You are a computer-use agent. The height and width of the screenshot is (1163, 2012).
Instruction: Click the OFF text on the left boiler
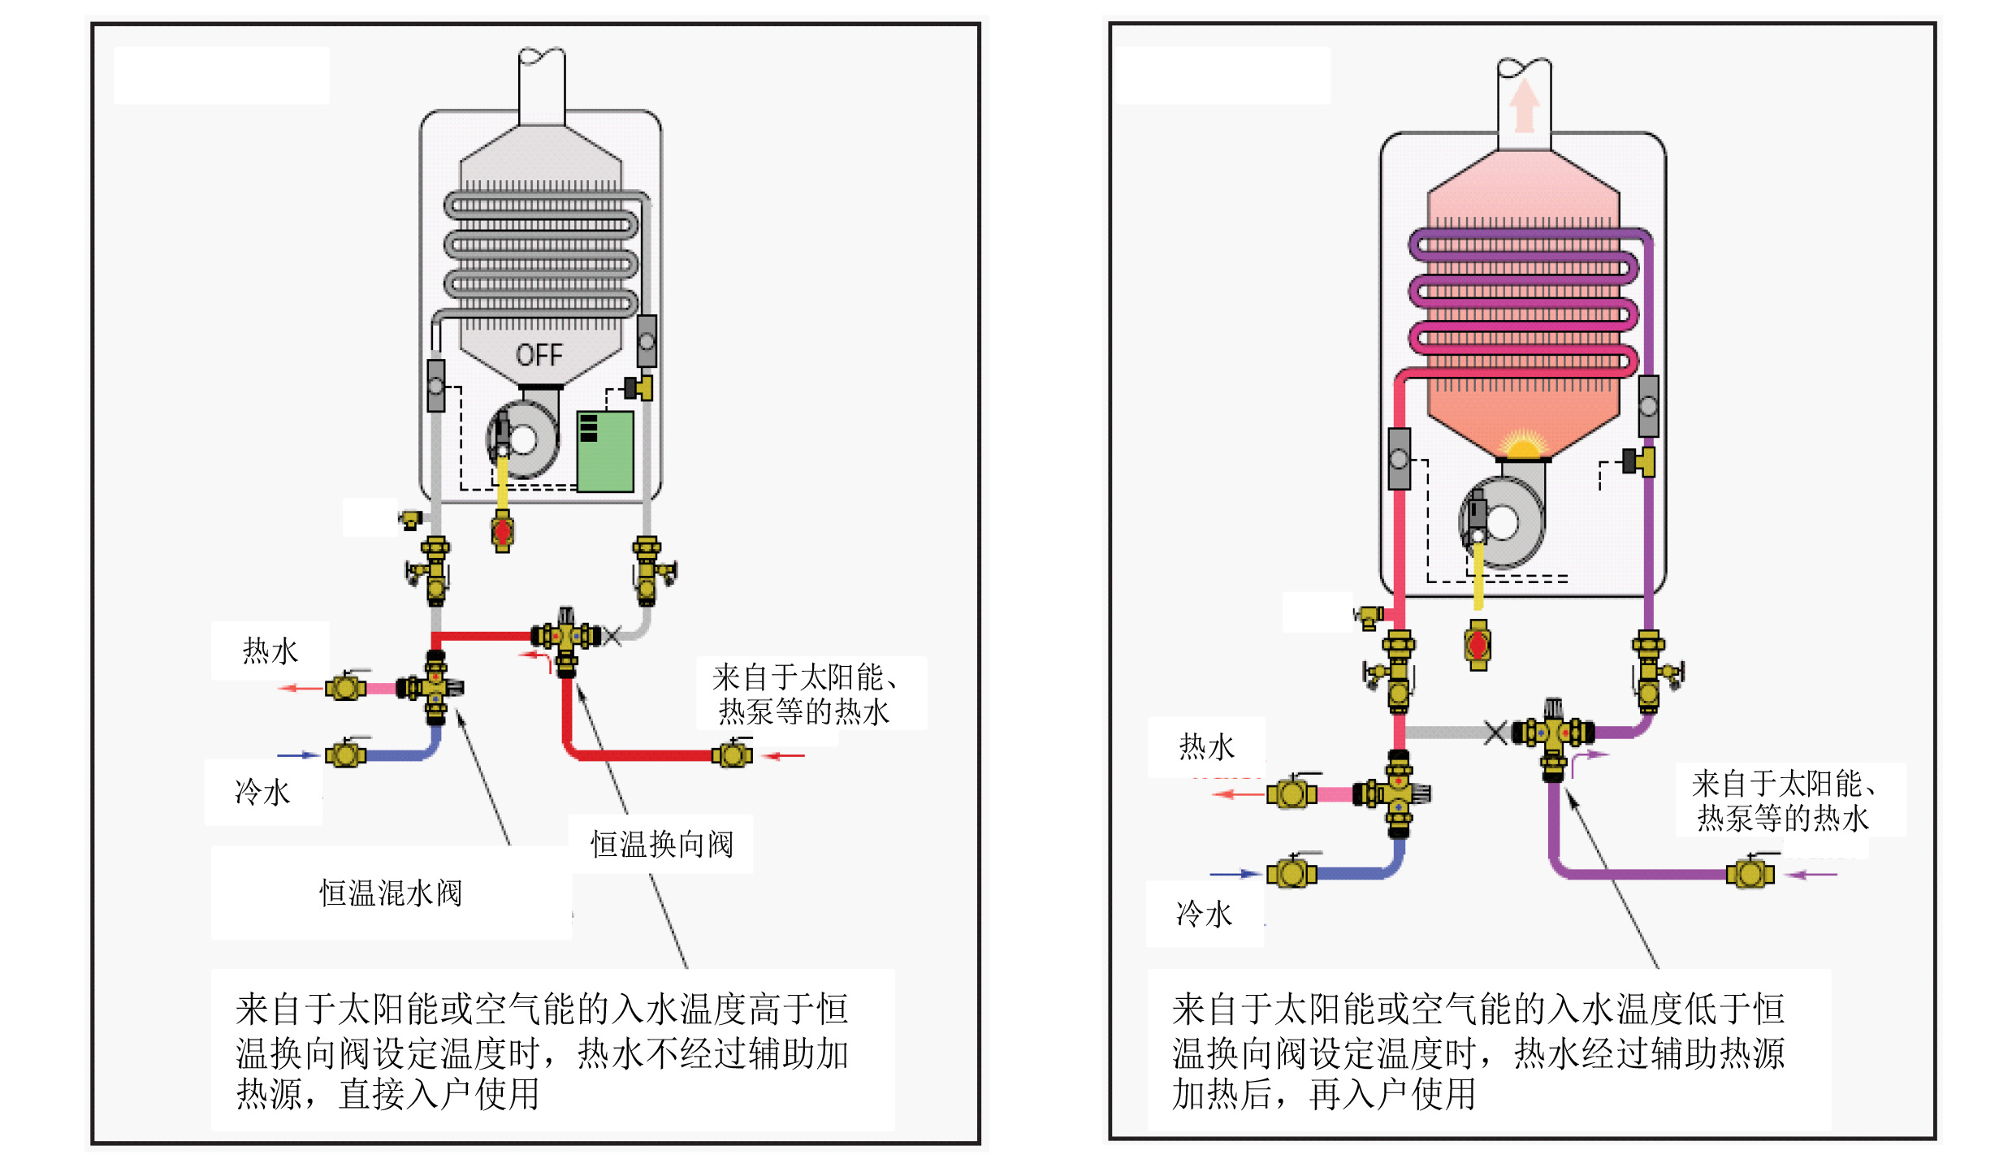coord(539,355)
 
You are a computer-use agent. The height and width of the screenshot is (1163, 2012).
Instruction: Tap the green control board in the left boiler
coord(604,452)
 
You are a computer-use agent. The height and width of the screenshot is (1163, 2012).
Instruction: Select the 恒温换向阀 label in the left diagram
coord(661,845)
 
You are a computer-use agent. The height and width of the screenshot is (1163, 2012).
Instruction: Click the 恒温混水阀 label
coord(391,893)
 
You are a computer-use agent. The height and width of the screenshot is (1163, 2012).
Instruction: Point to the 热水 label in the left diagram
coord(270,651)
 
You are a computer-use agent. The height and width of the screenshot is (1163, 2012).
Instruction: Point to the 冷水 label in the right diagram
coord(1204,914)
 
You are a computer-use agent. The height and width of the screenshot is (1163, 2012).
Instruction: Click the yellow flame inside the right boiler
coord(1523,445)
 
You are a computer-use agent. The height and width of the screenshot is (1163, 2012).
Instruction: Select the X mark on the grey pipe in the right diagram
coord(1495,732)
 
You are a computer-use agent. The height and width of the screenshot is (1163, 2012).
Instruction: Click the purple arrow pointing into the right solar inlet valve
coord(1813,875)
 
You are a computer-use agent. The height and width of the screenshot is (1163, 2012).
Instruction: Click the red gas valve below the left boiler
coord(502,532)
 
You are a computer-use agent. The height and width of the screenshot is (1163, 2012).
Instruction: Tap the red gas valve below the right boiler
coord(1478,646)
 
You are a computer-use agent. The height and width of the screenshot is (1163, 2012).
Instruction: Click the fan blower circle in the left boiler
coord(523,440)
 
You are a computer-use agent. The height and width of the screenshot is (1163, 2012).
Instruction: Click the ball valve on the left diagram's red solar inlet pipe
coord(732,754)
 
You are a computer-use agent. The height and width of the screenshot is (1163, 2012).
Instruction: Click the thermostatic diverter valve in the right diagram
coord(1553,733)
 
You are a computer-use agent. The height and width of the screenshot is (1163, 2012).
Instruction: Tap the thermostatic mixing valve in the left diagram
coord(435,688)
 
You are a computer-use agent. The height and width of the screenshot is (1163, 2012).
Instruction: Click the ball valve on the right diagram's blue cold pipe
coord(1291,873)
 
